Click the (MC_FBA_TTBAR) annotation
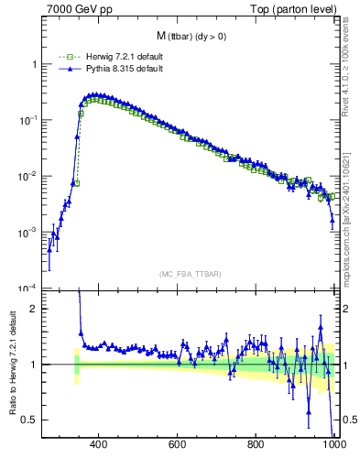tap(189, 274)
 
